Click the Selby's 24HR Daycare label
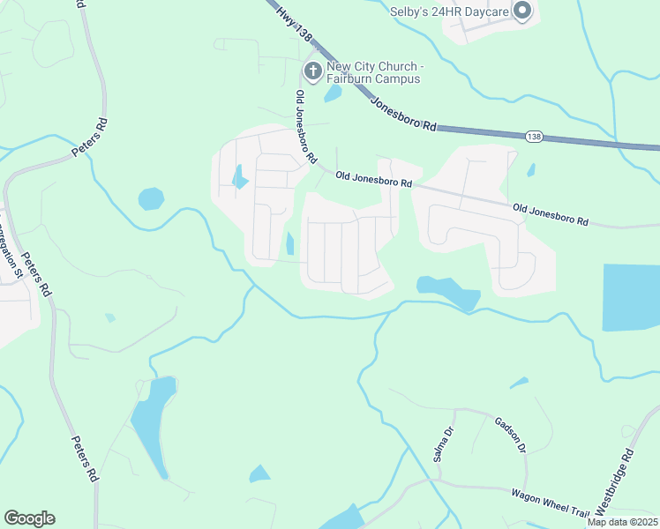[449, 11]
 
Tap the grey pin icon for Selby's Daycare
[521, 11]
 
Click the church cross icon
[312, 71]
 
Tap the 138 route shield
[533, 137]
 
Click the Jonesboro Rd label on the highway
[404, 114]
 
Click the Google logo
[29, 518]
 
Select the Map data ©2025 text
[622, 522]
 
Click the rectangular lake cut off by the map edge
[632, 297]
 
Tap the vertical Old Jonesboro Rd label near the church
[305, 127]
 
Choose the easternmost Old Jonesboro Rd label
[550, 214]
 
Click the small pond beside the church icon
[333, 93]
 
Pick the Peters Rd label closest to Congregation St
[37, 274]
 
